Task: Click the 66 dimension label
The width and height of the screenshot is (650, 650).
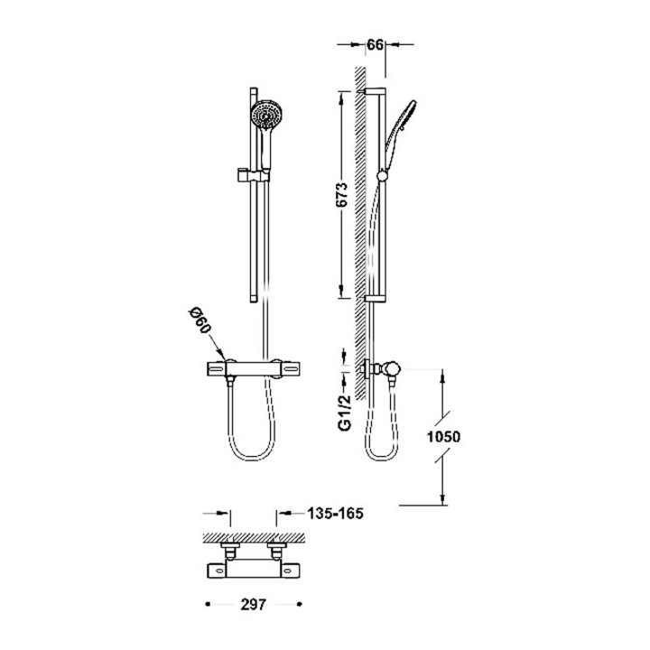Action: click(375, 45)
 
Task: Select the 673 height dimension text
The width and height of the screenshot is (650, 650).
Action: click(341, 194)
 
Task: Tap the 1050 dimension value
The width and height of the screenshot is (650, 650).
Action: click(443, 437)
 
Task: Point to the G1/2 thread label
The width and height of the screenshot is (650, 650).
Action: click(345, 412)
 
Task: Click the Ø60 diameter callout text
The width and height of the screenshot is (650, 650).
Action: click(200, 321)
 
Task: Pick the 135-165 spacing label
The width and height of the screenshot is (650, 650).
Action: click(335, 513)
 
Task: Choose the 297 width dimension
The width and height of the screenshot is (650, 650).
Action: click(253, 604)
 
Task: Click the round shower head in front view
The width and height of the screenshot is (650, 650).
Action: click(266, 115)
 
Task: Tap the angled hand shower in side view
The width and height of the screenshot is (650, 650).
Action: click(401, 125)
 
